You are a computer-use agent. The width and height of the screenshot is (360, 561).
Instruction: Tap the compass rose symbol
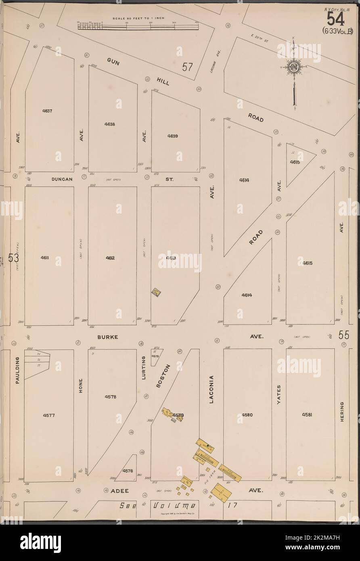pyautogui.click(x=294, y=67)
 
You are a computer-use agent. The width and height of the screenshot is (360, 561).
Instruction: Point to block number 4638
pyautogui.click(x=109, y=124)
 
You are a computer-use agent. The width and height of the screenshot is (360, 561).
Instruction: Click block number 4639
pyautogui.click(x=173, y=136)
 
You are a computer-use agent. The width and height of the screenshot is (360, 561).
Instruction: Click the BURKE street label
pyautogui.click(x=107, y=336)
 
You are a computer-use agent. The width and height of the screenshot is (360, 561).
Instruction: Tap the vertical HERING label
pyautogui.click(x=341, y=412)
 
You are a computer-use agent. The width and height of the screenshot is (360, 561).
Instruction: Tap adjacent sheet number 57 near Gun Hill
pyautogui.click(x=187, y=67)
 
